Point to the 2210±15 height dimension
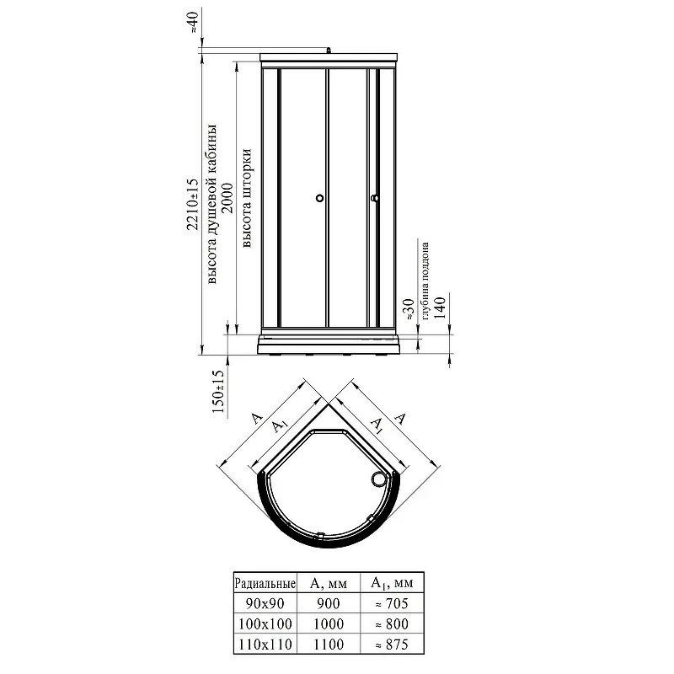click(x=193, y=205)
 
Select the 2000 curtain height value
click(x=227, y=198)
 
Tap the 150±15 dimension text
click(x=219, y=391)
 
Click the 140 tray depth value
click(x=440, y=308)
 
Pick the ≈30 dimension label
click(x=409, y=309)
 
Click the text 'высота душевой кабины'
click(x=212, y=205)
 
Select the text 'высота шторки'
click(x=247, y=198)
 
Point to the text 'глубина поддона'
click(x=425, y=281)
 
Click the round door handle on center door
click(x=319, y=198)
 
